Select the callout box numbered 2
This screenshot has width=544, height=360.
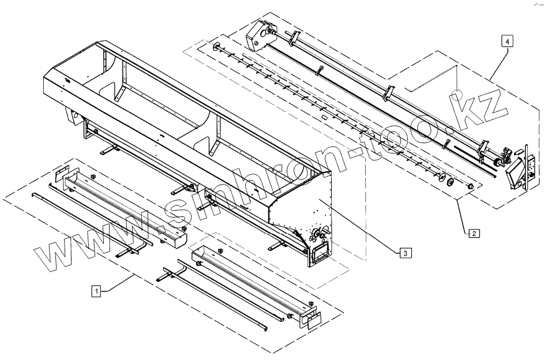(473, 234)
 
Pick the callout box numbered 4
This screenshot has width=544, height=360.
(506, 41)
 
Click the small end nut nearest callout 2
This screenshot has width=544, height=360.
(468, 186)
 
